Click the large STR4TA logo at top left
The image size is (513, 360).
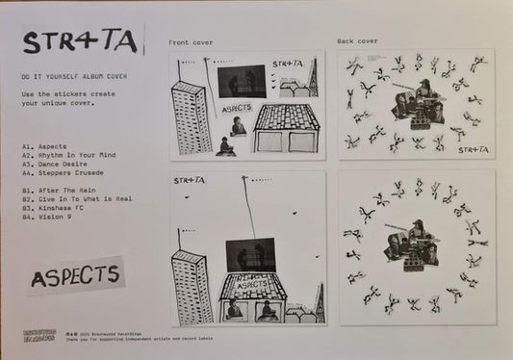(x=81, y=41)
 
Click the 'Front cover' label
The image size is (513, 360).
(x=191, y=42)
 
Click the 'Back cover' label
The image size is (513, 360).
(x=358, y=41)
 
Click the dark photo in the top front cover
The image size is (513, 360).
(x=242, y=80)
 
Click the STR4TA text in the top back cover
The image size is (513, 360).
(x=474, y=149)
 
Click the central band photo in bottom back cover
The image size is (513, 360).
(x=415, y=244)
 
